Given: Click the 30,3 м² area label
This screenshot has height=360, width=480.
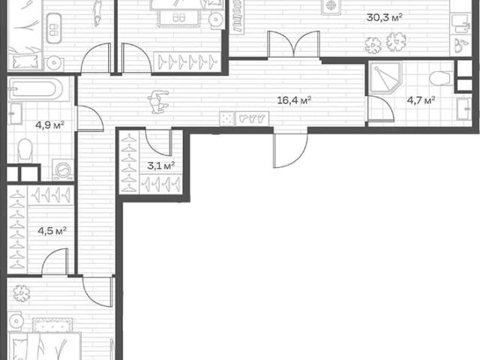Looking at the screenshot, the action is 384,17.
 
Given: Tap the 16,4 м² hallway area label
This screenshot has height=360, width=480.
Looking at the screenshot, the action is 294,100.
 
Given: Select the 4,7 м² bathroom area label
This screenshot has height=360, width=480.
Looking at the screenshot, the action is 421,100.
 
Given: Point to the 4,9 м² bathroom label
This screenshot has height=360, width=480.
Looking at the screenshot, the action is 50,125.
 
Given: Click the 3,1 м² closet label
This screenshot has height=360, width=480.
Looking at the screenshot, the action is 161,166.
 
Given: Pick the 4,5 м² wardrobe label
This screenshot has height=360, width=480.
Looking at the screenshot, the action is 52,230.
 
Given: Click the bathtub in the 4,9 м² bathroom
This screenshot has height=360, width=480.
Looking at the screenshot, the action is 36,89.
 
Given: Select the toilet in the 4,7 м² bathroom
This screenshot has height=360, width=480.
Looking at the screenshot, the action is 441,78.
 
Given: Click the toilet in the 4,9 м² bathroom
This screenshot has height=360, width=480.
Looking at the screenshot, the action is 25,150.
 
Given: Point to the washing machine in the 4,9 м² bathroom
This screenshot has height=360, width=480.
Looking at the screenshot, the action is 63,169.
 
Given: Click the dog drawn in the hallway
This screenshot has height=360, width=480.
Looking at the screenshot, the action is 158,102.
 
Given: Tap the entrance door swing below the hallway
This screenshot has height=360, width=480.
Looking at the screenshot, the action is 290,151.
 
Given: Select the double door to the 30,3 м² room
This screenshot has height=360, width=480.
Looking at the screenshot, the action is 294,44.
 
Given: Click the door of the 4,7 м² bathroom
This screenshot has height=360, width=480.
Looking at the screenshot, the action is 380,109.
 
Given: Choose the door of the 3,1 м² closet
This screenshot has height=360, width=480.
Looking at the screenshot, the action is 157,142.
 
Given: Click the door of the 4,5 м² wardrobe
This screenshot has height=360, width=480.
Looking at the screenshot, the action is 55,262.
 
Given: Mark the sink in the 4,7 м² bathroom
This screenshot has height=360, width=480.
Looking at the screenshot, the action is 463,109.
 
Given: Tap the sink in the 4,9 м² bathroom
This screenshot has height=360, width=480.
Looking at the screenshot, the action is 15,113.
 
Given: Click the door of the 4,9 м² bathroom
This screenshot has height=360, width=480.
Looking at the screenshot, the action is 90,118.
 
